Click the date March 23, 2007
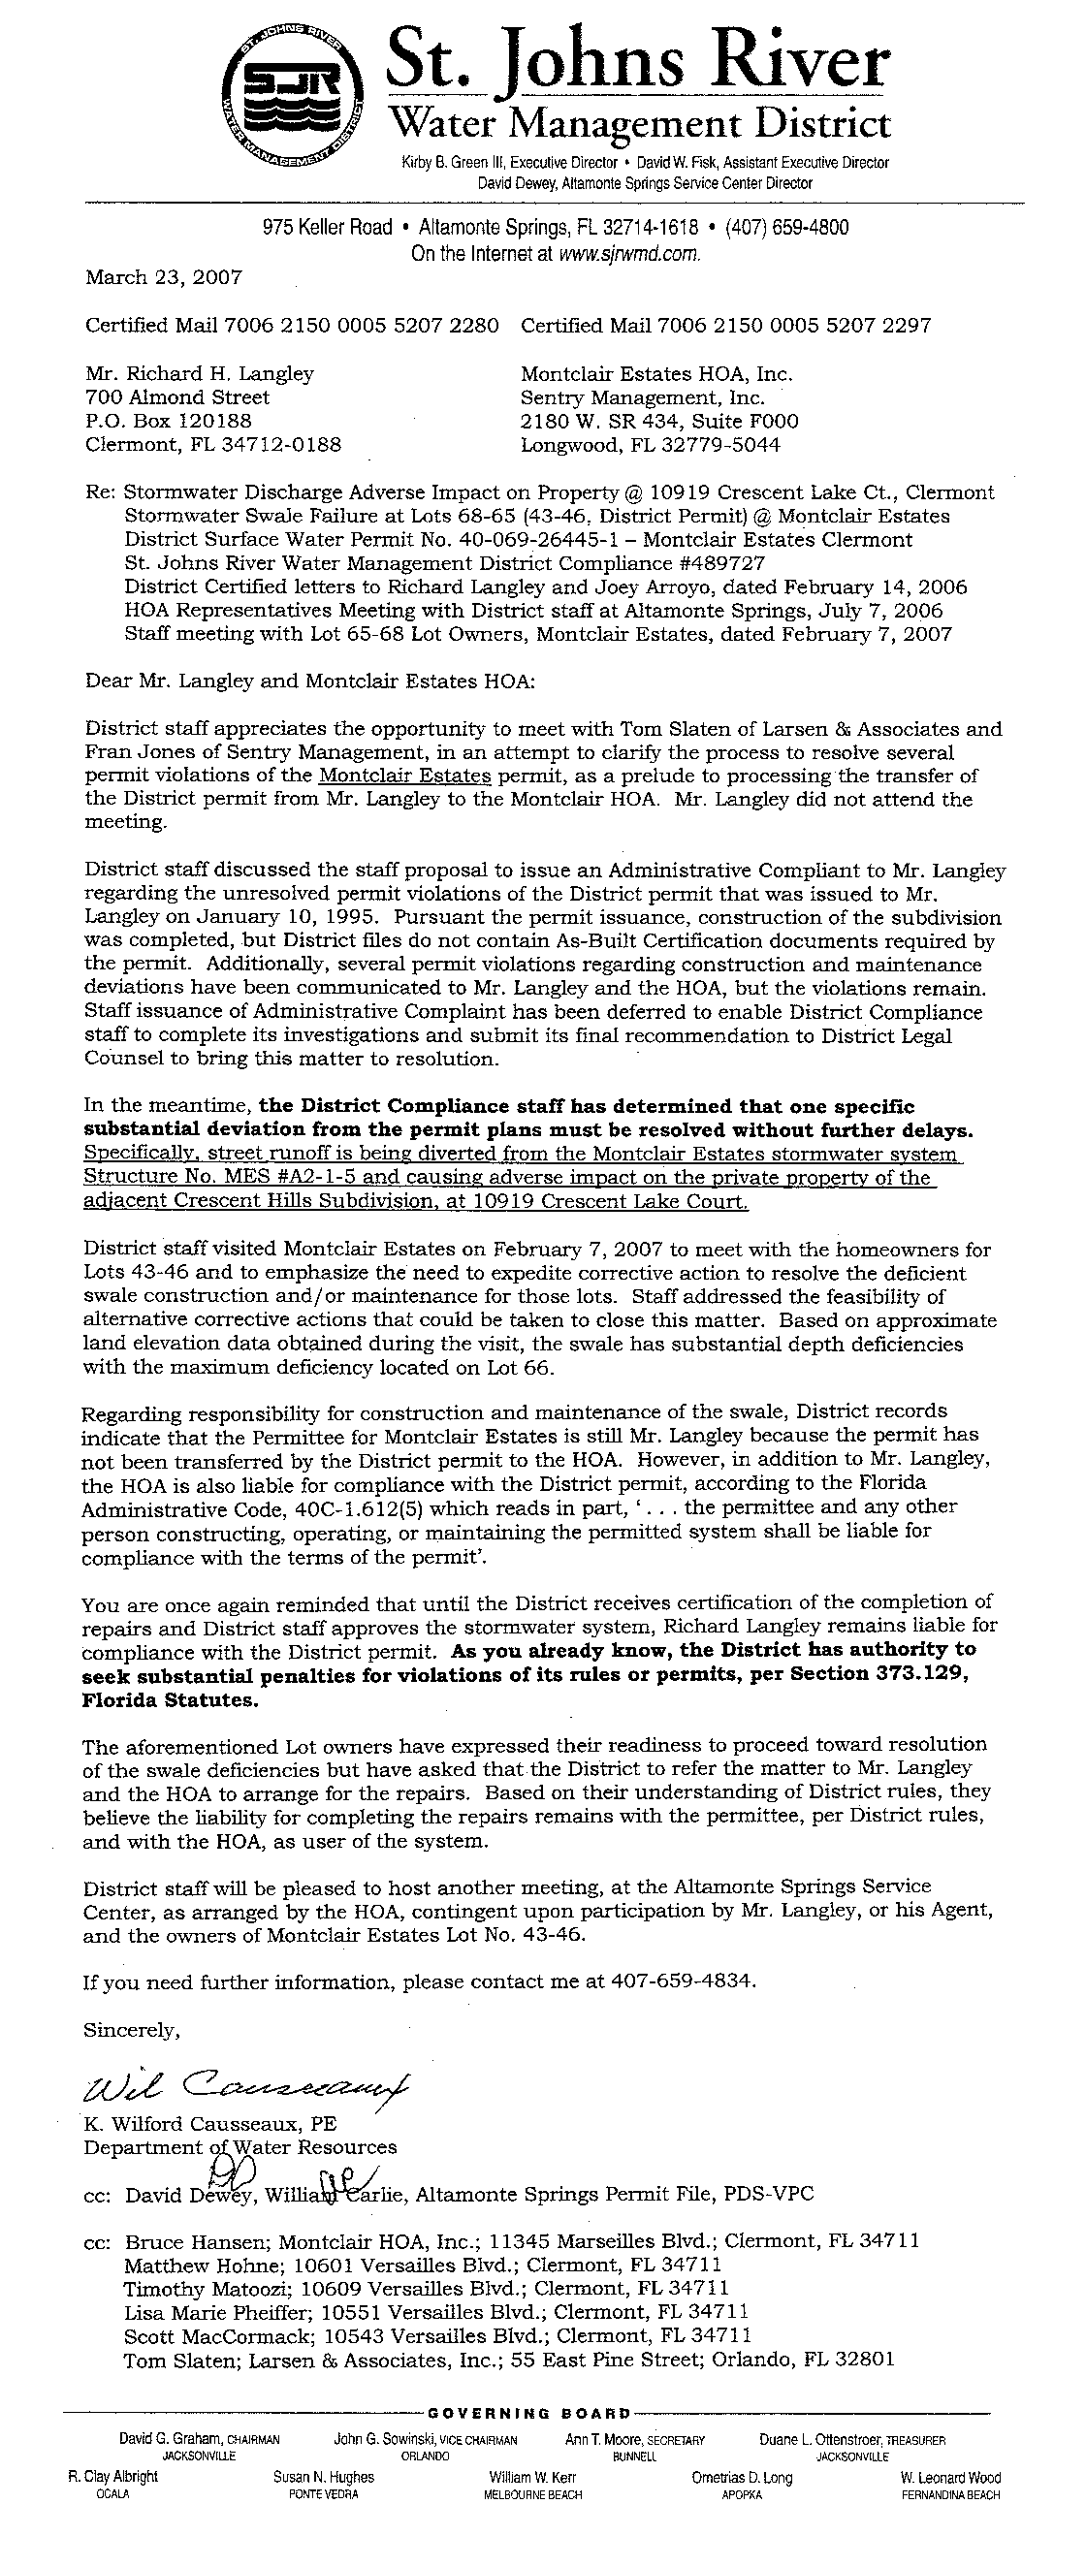(x=164, y=278)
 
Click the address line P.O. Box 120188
(x=169, y=421)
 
